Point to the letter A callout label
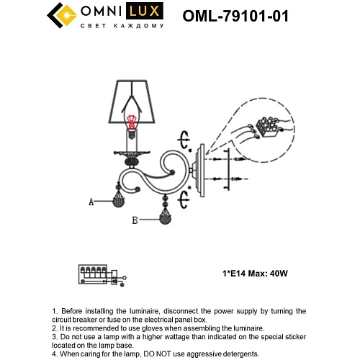tap(91, 203)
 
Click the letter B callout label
tap(134, 221)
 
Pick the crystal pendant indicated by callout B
tap(166, 217)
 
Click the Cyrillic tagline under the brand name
tap(125, 26)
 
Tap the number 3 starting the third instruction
tap(55, 336)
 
